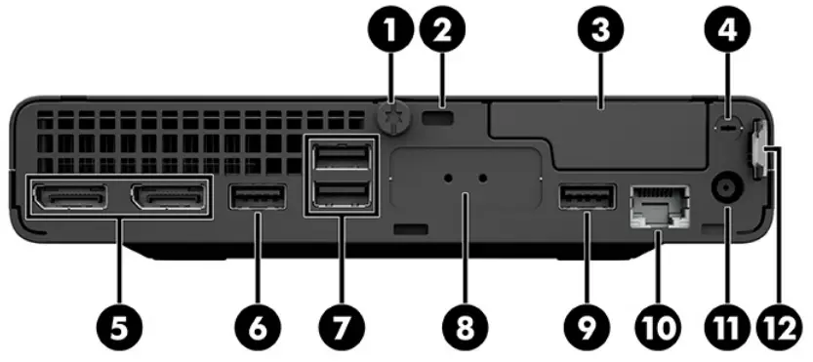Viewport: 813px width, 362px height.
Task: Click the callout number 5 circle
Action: [x=118, y=327]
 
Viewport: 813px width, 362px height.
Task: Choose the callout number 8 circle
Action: [x=465, y=327]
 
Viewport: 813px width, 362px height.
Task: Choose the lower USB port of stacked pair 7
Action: [x=335, y=197]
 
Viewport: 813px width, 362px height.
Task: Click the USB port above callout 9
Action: [x=588, y=198]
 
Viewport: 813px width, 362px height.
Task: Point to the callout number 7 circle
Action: [x=335, y=327]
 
